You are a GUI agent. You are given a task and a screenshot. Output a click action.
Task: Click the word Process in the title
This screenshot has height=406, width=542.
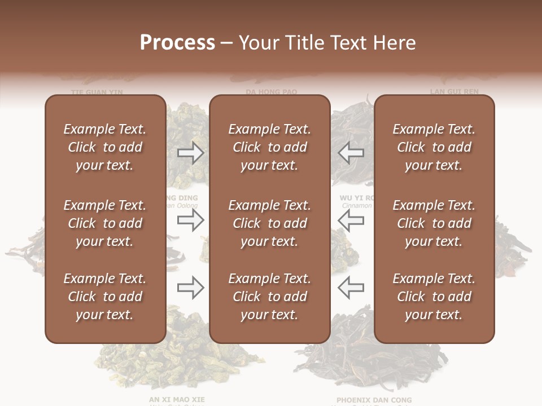coord(177,43)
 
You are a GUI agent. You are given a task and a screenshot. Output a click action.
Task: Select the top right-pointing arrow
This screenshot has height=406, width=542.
coord(190,152)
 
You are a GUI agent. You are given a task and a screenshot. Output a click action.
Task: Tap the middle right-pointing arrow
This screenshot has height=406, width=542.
coord(190,222)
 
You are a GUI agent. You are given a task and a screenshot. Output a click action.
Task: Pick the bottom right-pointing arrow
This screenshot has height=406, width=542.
coord(190,288)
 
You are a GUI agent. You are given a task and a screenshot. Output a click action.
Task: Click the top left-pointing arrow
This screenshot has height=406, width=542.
coord(351,152)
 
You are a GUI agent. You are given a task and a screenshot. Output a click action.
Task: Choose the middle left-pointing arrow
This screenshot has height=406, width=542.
coord(351,222)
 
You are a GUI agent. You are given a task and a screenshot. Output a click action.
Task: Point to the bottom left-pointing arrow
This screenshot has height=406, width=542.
coord(351,288)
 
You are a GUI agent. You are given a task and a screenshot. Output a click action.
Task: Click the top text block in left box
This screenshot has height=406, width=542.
coord(105,147)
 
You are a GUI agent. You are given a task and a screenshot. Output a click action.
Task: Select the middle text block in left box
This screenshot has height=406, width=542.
coord(105,223)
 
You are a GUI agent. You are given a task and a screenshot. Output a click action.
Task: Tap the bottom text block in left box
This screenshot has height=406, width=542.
coord(105,297)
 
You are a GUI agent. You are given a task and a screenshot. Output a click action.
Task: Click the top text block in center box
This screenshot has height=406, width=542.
coord(269,147)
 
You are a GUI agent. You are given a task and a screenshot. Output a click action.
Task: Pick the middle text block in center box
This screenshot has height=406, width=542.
coord(269,223)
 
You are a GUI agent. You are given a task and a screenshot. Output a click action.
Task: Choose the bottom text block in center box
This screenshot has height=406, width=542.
coord(269,297)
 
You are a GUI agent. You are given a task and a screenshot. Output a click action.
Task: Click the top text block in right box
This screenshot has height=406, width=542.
coord(434,147)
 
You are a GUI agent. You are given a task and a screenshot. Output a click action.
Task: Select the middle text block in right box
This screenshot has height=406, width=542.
coord(434,223)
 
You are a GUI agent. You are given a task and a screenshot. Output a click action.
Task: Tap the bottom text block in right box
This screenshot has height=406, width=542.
coord(434,297)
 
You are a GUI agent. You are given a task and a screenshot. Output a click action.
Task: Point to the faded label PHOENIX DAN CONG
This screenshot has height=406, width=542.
coord(374,400)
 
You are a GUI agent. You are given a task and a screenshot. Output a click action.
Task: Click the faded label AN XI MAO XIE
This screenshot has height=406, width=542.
coord(177,399)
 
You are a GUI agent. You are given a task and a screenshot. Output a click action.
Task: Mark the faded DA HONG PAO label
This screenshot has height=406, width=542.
coord(271,91)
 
